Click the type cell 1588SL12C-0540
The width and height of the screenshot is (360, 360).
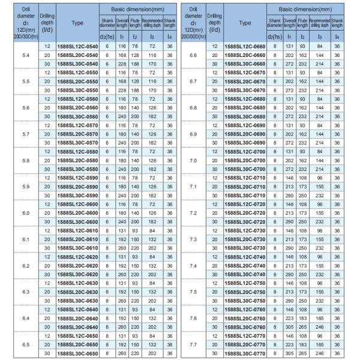[x=77, y=46]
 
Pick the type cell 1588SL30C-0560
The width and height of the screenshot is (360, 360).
[x=77, y=116]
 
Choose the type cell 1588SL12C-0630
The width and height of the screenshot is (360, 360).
[x=77, y=283]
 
